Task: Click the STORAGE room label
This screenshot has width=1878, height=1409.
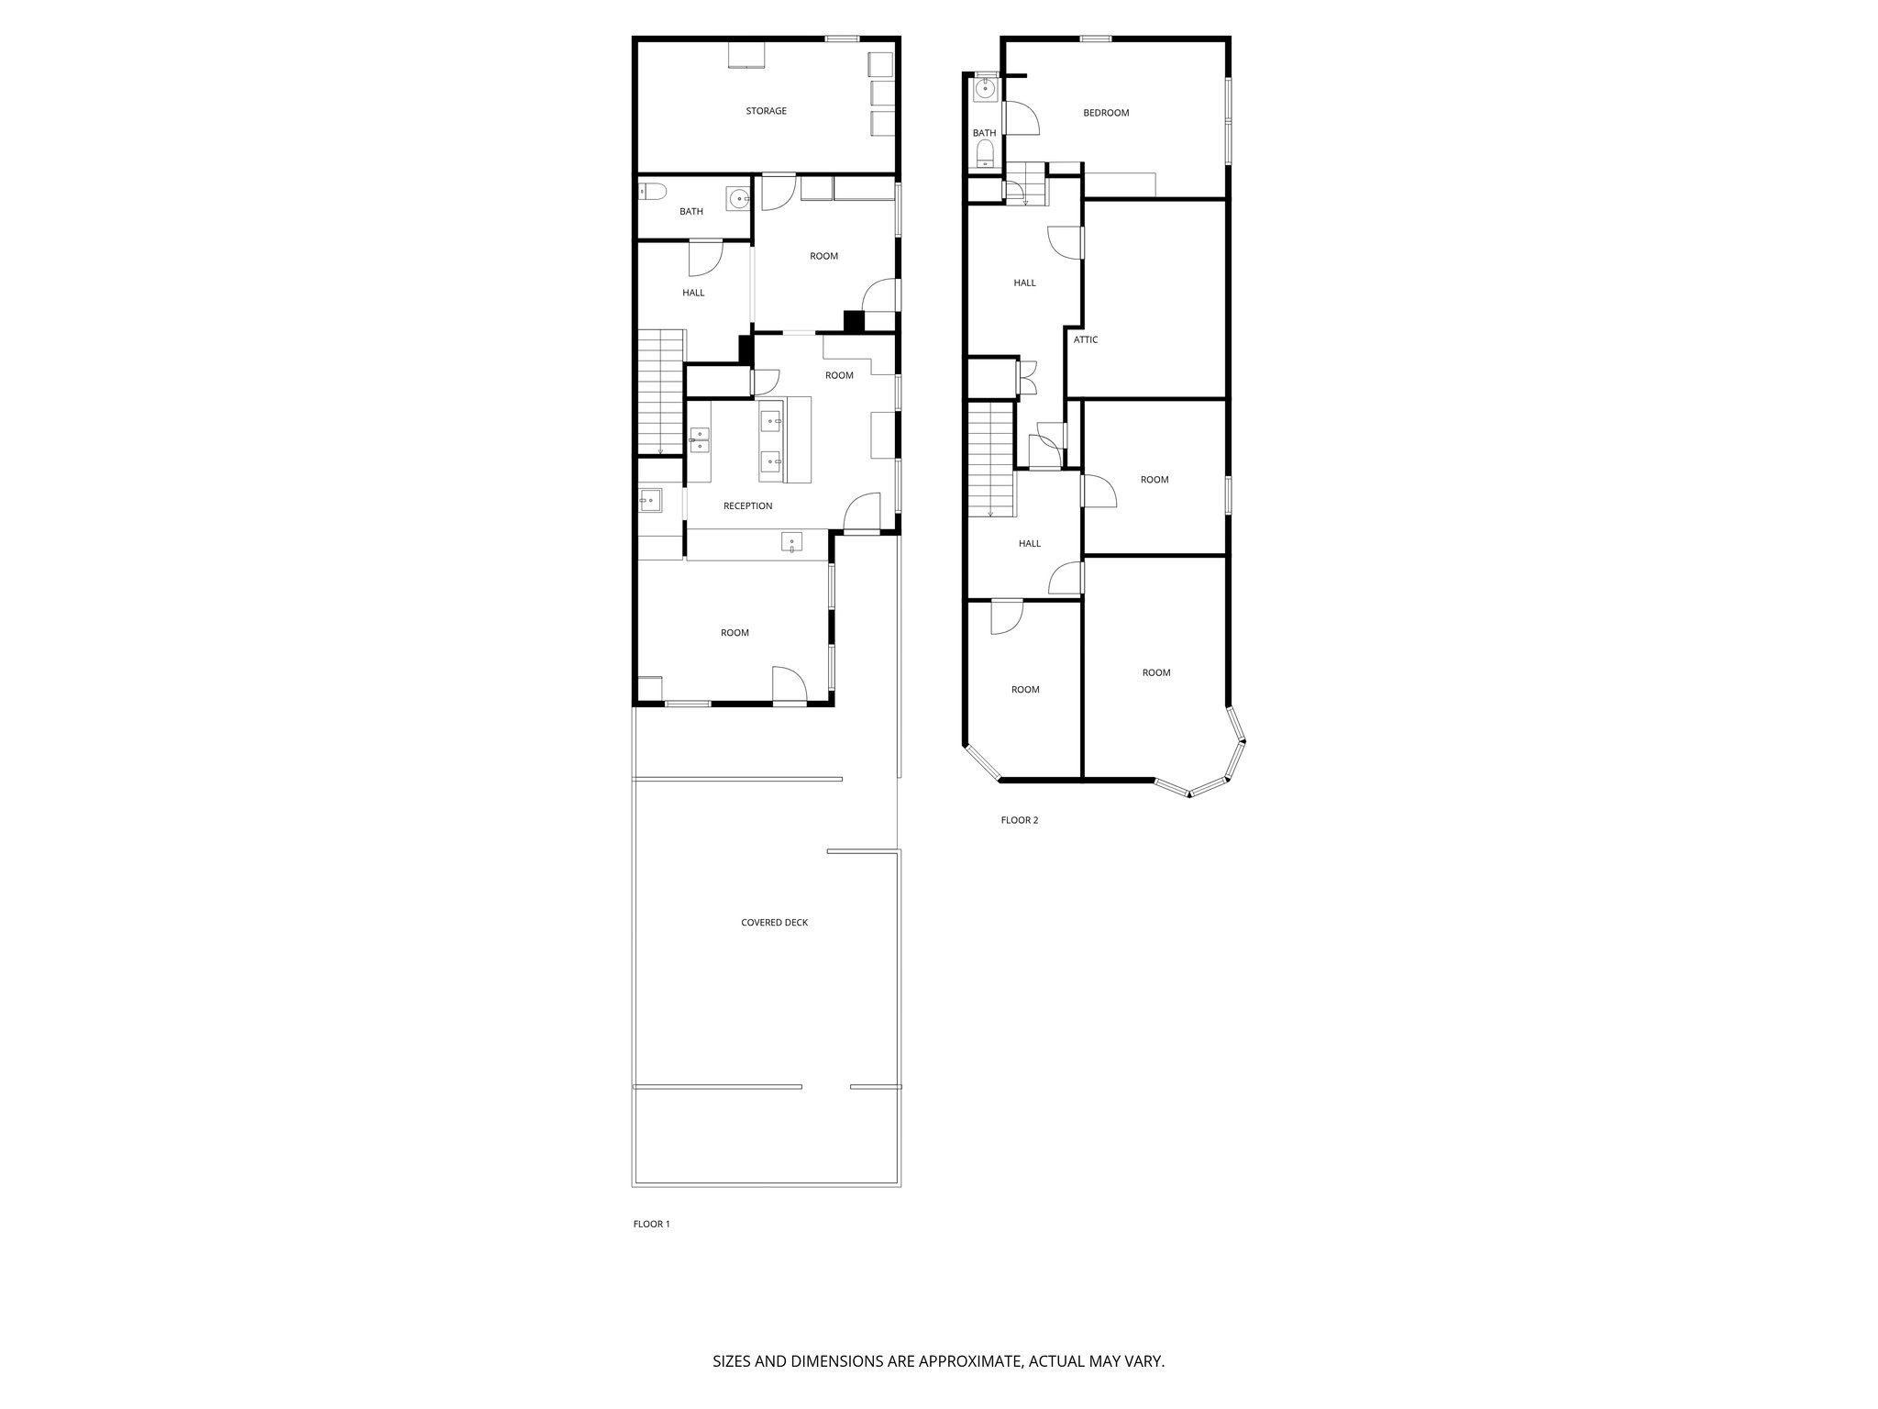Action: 766,111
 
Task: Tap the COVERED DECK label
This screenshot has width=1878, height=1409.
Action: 774,923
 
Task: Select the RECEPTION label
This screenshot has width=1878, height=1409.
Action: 747,506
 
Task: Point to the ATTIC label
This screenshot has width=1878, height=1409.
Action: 1086,339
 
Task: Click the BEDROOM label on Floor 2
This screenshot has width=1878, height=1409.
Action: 1106,113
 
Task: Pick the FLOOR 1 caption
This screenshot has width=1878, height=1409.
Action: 652,1224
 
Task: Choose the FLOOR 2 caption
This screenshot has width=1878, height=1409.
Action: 1019,820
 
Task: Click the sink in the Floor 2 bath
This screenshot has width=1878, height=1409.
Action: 985,89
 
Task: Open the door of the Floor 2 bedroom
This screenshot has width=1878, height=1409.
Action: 1021,118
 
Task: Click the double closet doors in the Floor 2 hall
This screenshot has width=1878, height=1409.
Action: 1025,378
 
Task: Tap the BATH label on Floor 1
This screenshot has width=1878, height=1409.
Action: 691,212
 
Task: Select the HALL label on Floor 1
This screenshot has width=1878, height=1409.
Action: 693,293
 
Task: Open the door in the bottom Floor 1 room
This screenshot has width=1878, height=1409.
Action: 789,685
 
